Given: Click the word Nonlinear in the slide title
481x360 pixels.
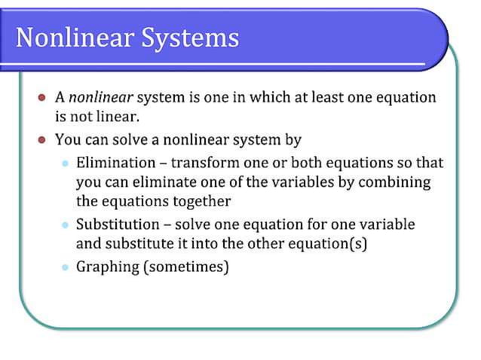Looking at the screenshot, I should [x=67, y=37].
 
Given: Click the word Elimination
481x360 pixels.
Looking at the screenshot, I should [x=114, y=163].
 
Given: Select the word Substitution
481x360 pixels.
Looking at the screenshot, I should [x=118, y=224].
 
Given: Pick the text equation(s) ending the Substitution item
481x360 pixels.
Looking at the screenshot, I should [x=328, y=244].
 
